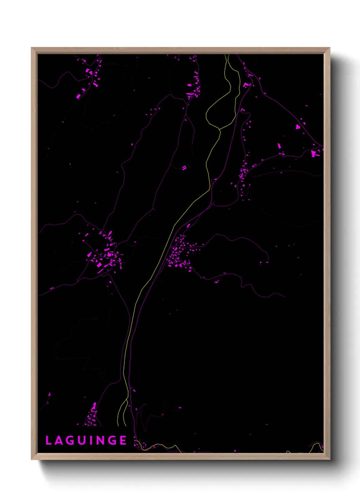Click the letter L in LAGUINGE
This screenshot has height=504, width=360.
click(48, 440)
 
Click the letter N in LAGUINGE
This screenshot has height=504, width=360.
click(100, 440)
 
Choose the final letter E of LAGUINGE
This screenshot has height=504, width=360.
click(123, 440)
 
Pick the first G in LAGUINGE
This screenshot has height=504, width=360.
click(70, 440)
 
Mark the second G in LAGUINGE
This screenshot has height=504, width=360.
click(112, 440)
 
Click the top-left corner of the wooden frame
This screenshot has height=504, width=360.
click(32, 48)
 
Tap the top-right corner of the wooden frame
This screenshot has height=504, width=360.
click(329, 48)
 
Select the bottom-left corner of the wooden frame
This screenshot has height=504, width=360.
click(32, 459)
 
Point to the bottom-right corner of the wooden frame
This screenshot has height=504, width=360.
click(329, 459)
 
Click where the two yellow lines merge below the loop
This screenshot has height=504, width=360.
click(219, 129)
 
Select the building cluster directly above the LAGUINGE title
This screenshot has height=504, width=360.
click(91, 415)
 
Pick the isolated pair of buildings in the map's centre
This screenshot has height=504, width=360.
click(184, 168)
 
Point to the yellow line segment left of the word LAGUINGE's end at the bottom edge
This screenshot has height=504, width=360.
click(160, 445)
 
